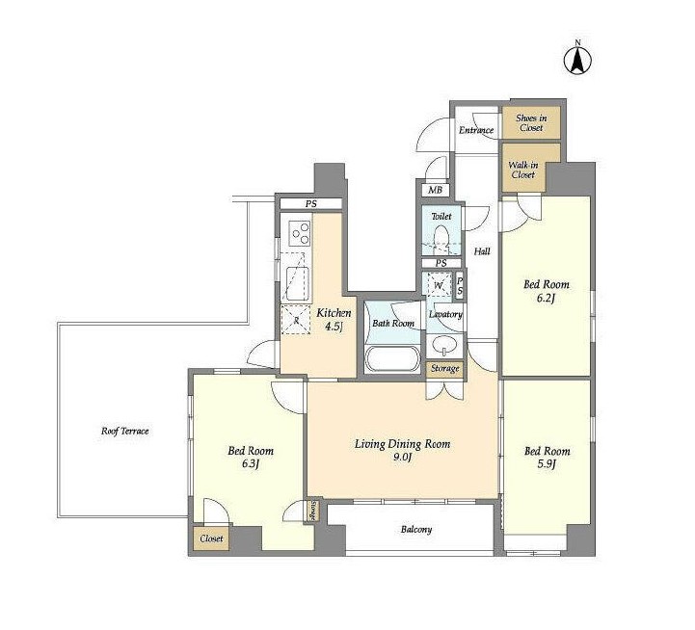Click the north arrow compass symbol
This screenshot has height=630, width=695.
(577, 60)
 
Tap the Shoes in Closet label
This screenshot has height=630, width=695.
(531, 122)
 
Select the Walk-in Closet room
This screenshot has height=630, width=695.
(523, 168)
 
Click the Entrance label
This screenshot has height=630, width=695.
(476, 130)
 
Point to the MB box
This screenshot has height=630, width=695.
(435, 190)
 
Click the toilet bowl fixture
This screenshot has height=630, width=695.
(441, 239)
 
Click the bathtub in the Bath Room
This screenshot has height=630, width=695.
(392, 359)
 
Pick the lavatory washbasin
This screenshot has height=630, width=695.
(444, 347)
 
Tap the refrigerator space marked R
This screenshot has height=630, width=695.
(296, 320)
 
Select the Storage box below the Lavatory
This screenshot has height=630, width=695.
(445, 369)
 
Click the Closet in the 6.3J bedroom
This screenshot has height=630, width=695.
(211, 538)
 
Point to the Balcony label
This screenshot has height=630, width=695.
(416, 530)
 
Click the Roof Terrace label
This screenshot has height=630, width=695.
(124, 431)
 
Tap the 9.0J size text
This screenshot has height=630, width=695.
(402, 458)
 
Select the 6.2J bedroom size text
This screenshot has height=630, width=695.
(546, 299)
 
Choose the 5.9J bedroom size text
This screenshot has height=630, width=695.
(547, 464)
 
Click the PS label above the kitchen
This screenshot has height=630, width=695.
(310, 204)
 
